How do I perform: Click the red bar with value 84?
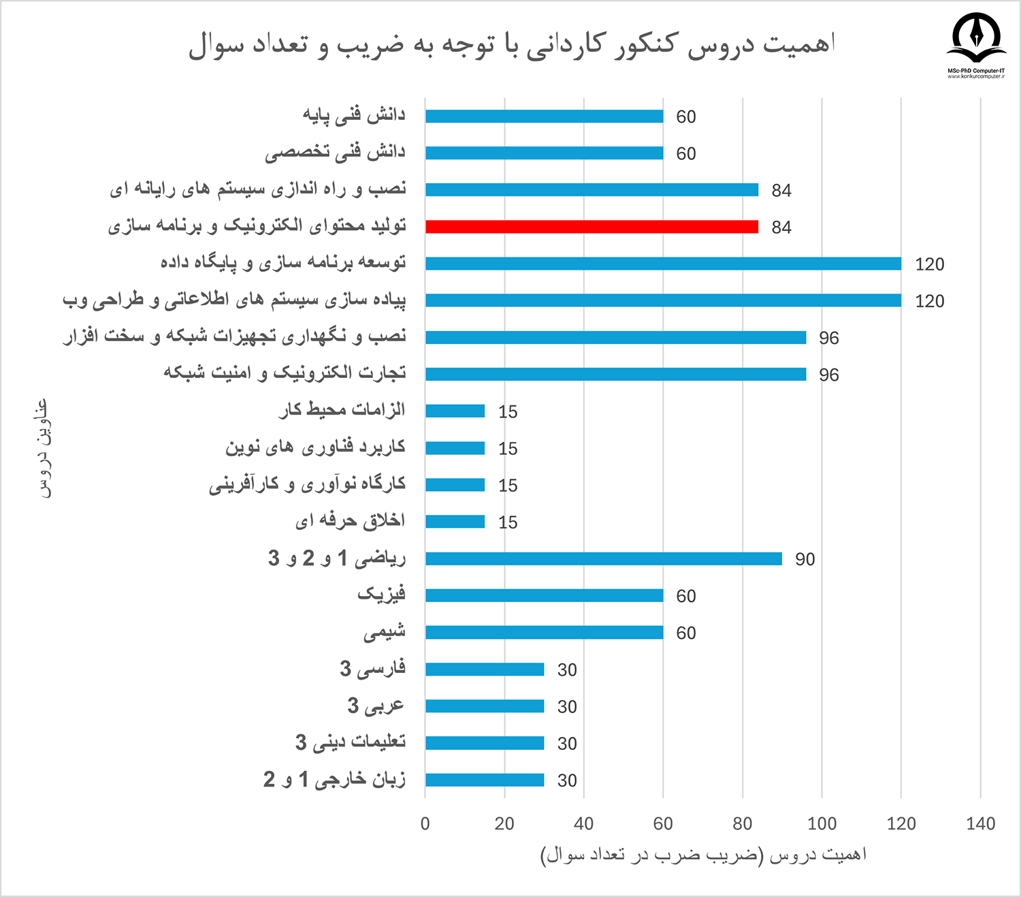click(591, 227)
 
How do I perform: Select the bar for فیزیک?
click(544, 595)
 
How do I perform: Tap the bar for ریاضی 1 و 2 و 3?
click(603, 558)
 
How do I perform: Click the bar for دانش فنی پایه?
click(544, 116)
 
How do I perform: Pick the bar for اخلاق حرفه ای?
click(455, 522)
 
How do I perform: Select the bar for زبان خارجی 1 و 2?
click(485, 780)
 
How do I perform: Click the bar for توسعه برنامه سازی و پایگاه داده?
click(663, 264)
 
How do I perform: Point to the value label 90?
click(805, 559)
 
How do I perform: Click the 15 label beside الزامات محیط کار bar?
click(508, 412)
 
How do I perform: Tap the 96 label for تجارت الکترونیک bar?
click(828, 375)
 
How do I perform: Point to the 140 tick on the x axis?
click(980, 823)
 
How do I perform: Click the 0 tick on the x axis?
click(425, 823)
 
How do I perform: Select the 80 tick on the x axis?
click(742, 823)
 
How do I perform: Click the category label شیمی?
click(385, 632)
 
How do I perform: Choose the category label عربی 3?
click(376, 706)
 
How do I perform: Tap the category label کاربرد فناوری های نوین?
click(315, 447)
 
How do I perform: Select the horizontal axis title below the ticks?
click(703, 855)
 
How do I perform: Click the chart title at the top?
click(511, 44)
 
